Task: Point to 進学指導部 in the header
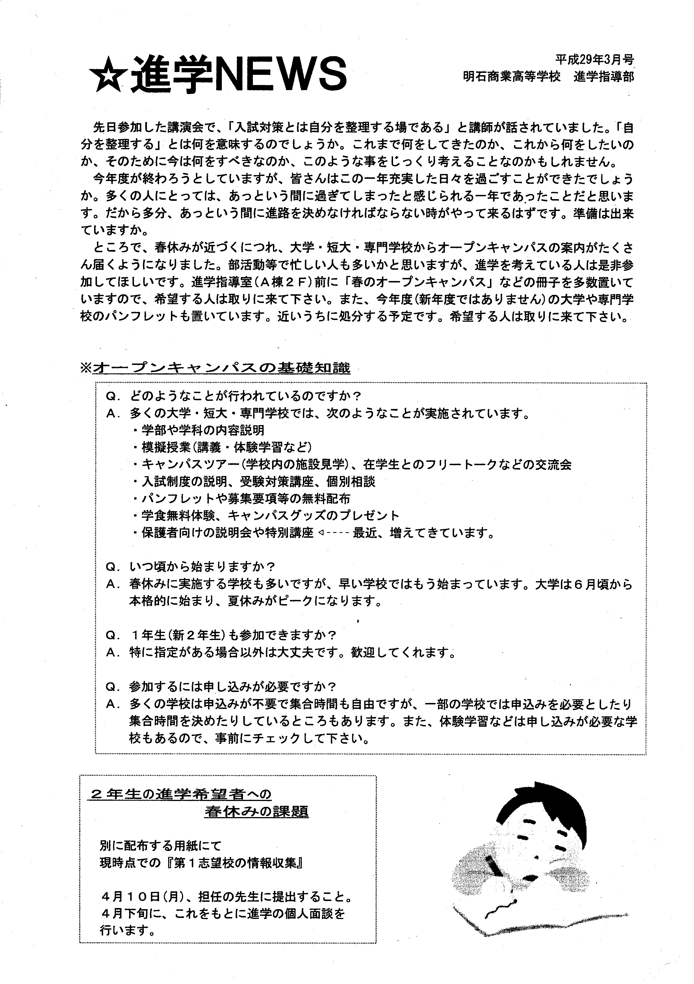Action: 604,77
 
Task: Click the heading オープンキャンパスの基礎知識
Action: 221,368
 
